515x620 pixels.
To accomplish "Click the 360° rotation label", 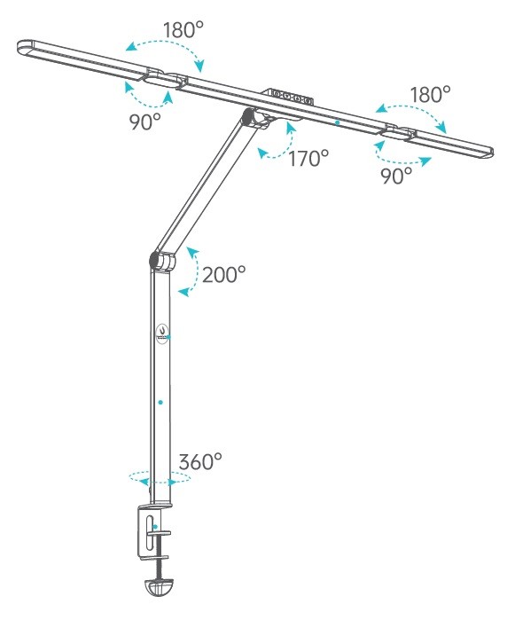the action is pyautogui.click(x=200, y=461).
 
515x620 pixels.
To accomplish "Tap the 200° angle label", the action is pyautogui.click(x=223, y=274).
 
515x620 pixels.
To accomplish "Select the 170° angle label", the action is pyautogui.click(x=308, y=159).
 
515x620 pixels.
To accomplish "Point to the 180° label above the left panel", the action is pyautogui.click(x=183, y=30).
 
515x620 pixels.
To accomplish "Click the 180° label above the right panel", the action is pyautogui.click(x=430, y=95).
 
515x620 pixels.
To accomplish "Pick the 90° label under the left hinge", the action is pyautogui.click(x=145, y=122).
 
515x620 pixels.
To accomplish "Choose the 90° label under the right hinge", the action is pyautogui.click(x=396, y=175).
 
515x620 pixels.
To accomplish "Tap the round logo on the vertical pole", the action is pyautogui.click(x=161, y=334).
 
